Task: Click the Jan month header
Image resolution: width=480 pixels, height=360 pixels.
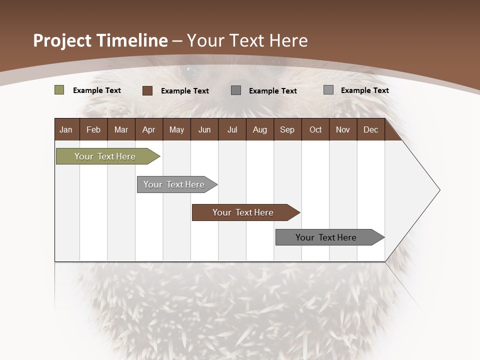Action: [66, 129]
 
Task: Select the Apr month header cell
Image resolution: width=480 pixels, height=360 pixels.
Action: [149, 129]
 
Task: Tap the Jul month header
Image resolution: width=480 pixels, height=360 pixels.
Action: [232, 129]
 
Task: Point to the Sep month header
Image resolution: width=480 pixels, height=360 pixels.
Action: [287, 129]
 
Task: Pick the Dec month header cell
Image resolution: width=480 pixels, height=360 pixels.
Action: [370, 129]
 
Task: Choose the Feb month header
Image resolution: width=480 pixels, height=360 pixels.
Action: [93, 129]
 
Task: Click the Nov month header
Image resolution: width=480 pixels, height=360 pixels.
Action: [343, 129]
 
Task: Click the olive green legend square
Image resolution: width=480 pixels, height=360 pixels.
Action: [59, 90]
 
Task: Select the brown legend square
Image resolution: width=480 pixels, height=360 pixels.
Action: [147, 90]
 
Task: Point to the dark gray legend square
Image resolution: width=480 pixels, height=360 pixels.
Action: [236, 90]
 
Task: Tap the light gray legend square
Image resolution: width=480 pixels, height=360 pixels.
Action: [328, 90]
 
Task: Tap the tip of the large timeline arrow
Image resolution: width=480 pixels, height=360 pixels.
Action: [439, 190]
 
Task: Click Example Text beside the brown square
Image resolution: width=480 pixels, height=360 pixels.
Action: [184, 91]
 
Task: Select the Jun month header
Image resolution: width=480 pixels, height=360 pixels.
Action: [204, 129]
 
